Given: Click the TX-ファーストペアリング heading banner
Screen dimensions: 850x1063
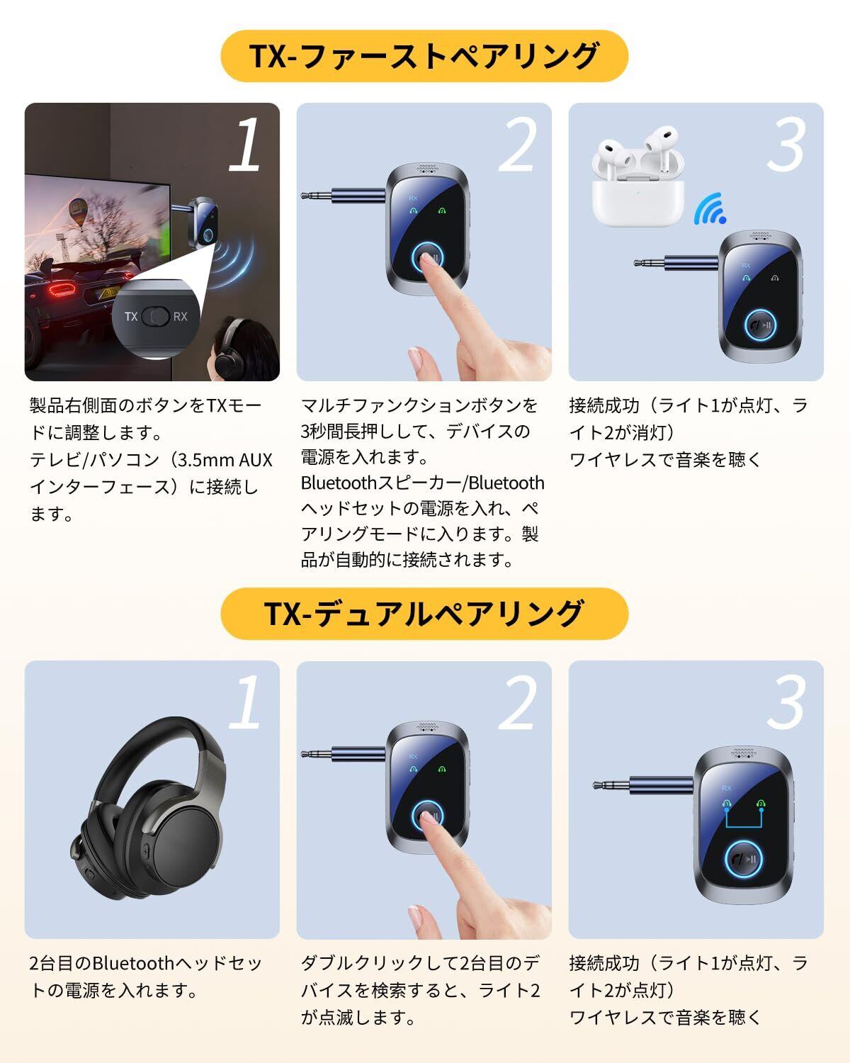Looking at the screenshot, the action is coord(424,56).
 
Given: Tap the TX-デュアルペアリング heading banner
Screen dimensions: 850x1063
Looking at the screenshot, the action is coord(424,614).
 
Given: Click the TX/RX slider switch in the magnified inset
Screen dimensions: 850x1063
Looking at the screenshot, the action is coord(156,316).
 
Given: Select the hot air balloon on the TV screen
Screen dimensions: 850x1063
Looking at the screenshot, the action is coord(78,211).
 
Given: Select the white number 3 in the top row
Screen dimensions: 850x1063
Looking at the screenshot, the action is coord(787,145).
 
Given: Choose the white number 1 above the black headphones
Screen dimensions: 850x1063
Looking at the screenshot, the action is coord(246,702).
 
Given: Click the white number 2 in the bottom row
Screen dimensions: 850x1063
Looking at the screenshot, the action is coord(518,702).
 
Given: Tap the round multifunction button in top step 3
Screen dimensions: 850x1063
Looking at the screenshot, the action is coord(760,325).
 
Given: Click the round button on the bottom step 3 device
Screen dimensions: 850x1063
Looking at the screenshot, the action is coord(743,859).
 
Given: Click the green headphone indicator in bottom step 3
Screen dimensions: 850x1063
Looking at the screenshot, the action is coord(761,804).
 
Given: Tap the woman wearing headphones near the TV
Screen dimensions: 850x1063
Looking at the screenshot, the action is coord(243,349).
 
